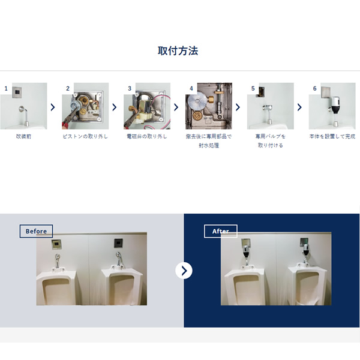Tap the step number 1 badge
tap(6, 88)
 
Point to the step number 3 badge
tap(130, 88)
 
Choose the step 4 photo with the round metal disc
tap(209, 106)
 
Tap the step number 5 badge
tap(253, 88)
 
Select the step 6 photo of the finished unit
tap(332, 106)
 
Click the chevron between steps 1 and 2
tap(53, 107)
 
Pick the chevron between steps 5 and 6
tap(299, 107)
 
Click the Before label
tap(36, 231)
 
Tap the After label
tap(220, 231)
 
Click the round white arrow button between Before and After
tap(184, 271)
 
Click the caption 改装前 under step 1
tap(23, 137)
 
